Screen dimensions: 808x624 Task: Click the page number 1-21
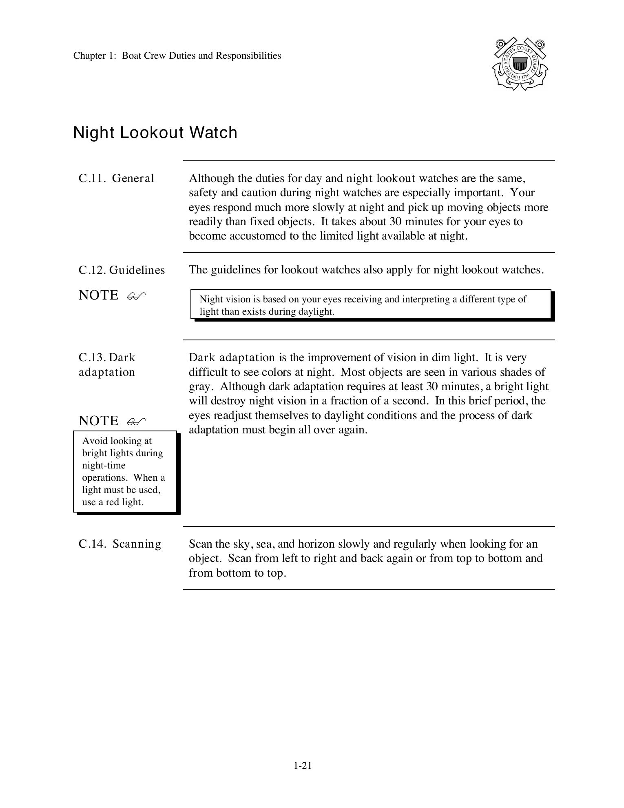(302, 766)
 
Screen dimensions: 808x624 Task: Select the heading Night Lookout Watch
(155, 133)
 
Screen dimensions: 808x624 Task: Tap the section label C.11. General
(116, 178)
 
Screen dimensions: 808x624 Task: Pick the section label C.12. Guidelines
(122, 270)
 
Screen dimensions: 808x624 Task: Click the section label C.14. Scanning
(120, 544)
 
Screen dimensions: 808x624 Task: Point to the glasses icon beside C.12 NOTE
(136, 296)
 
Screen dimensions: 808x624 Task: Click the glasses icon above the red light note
(136, 422)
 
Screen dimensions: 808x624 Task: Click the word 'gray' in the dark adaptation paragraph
(198, 386)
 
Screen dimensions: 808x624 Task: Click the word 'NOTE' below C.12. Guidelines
(99, 295)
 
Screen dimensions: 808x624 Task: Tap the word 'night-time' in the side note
(104, 465)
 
